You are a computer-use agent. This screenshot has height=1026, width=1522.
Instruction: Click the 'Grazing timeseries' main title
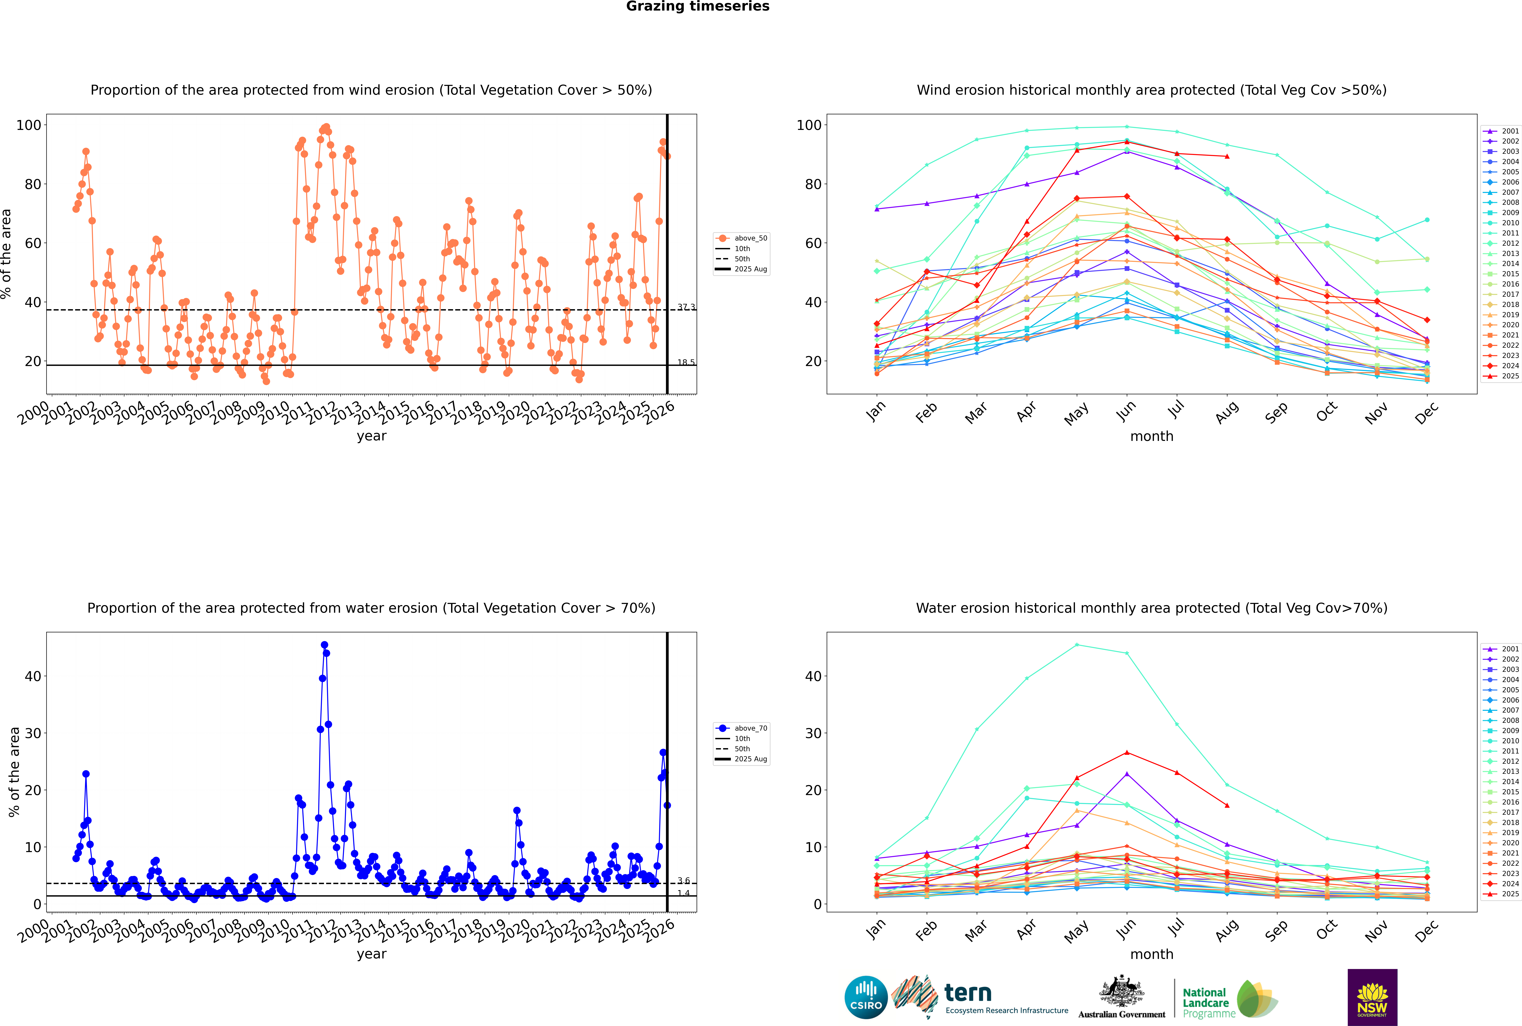[x=698, y=6]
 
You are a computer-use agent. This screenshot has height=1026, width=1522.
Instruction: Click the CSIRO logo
[x=866, y=997]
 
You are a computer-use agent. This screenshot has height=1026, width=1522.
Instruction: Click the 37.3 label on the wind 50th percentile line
[x=686, y=307]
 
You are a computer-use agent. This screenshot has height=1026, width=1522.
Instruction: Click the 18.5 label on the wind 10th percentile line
[x=686, y=362]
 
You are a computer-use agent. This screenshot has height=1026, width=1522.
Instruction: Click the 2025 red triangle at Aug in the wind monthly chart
[x=1227, y=156]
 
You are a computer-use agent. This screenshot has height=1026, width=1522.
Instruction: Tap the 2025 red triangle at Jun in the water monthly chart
[x=1127, y=753]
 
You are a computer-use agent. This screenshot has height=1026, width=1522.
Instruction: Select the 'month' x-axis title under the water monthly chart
[x=1152, y=954]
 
